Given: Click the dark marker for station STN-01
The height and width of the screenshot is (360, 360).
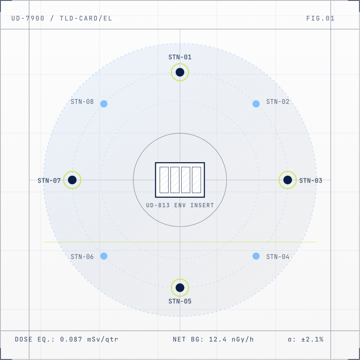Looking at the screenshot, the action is [180, 72].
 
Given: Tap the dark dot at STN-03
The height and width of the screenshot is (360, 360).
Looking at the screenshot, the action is [287, 180].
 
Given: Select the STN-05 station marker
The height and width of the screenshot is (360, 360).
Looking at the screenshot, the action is [180, 287].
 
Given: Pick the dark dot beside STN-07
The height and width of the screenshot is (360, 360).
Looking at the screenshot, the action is [72, 180].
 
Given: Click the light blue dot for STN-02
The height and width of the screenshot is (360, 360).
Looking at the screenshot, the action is [256, 104].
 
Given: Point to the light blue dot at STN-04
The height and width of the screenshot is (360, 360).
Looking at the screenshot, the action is [256, 256].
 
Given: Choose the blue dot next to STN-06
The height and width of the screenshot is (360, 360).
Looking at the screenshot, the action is [104, 256].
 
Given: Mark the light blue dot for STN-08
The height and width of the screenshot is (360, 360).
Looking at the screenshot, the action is [104, 104].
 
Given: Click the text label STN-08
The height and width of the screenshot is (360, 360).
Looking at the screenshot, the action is [82, 102].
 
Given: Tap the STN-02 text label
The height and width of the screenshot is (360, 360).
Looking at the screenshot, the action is [277, 102].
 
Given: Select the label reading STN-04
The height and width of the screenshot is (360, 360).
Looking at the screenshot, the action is [277, 257].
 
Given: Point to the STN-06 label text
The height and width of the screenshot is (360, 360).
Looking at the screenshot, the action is [82, 257].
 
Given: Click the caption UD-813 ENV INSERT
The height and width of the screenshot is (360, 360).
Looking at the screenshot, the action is [180, 205].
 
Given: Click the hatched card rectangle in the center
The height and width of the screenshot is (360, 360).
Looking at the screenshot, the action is [180, 180].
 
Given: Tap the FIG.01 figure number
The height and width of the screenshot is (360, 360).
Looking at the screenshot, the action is [320, 18].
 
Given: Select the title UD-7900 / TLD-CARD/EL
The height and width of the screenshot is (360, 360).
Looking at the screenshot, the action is [62, 18].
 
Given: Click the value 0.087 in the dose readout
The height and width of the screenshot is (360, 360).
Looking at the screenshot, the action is [71, 339].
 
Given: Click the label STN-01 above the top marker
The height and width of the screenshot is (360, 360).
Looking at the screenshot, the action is [180, 57].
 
